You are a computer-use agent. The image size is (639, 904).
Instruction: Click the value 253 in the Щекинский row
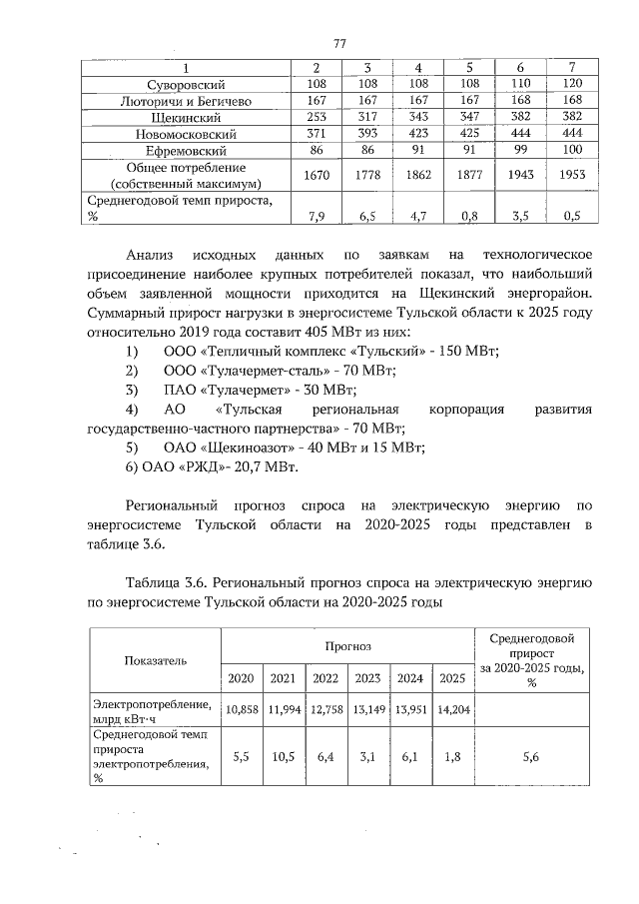(x=317, y=117)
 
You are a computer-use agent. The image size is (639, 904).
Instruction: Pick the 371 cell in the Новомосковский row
(x=317, y=133)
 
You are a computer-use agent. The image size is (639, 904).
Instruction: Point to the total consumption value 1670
(x=317, y=175)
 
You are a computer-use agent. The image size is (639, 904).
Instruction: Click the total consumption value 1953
(x=572, y=175)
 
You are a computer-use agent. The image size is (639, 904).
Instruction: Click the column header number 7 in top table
(x=572, y=68)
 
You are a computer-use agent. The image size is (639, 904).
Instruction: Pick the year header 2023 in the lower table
(x=367, y=678)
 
